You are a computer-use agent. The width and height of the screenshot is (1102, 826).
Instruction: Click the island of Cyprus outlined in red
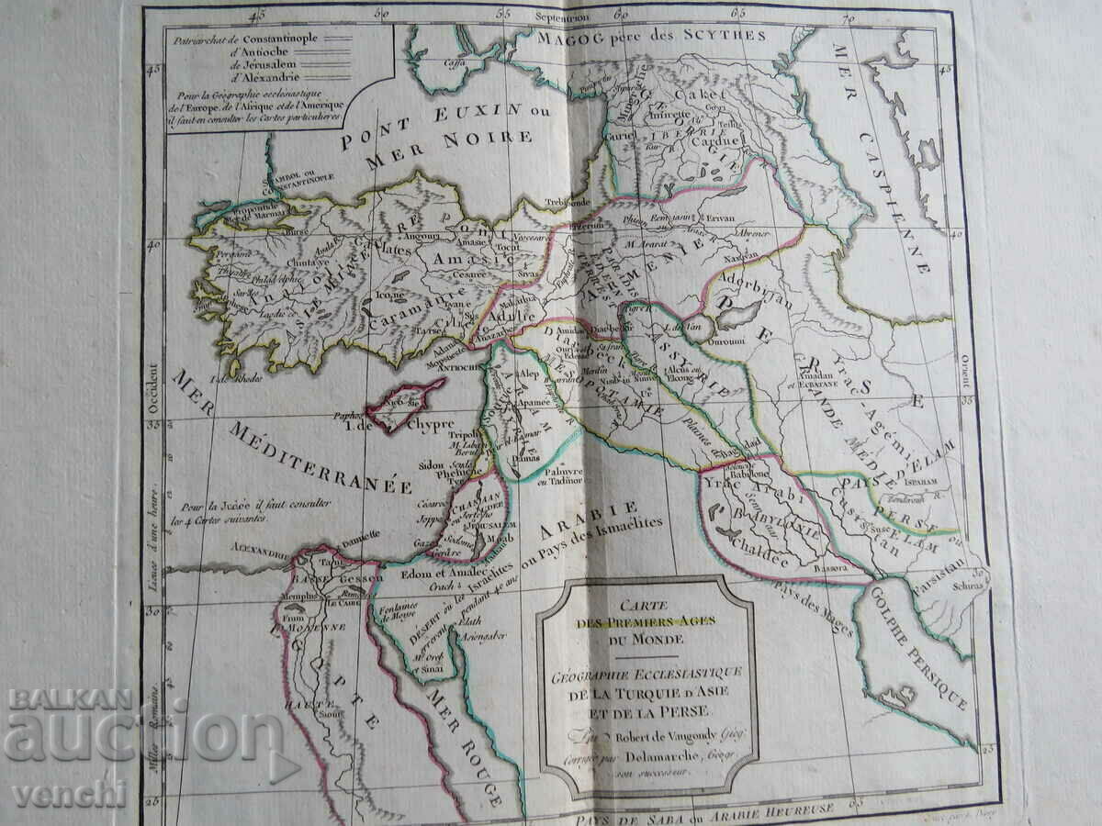[x=404, y=405]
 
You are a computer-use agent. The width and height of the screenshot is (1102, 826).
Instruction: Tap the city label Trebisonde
[x=567, y=201]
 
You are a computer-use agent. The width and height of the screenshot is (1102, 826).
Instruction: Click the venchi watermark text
[x=69, y=794]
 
